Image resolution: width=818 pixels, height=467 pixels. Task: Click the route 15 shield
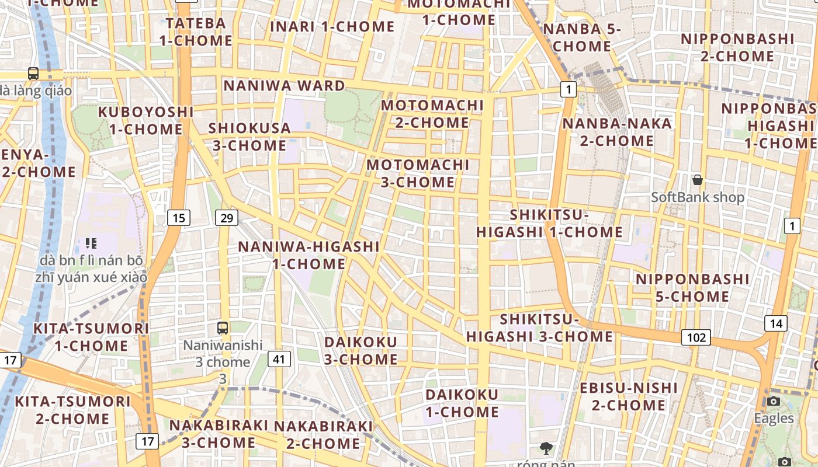pyautogui.click(x=179, y=218)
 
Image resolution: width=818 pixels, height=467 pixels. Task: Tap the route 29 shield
pyautogui.click(x=227, y=218)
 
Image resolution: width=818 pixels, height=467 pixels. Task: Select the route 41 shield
pyautogui.click(x=279, y=358)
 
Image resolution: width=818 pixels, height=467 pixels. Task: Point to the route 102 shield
pyautogui.click(x=695, y=337)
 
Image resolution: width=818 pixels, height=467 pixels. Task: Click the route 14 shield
pyautogui.click(x=775, y=323)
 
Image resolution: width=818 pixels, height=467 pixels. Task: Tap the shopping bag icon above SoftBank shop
pyautogui.click(x=697, y=180)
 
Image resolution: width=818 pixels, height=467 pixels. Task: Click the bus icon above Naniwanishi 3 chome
pyautogui.click(x=222, y=328)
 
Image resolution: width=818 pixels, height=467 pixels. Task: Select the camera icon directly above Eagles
pyautogui.click(x=774, y=401)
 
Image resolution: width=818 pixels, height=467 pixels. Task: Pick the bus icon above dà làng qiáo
pyautogui.click(x=33, y=74)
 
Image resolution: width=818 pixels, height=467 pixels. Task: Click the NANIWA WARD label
pyautogui.click(x=285, y=86)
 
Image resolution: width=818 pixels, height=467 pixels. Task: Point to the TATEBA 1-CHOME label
pyautogui.click(x=196, y=32)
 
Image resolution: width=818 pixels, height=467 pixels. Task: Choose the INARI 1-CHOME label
pyautogui.click(x=332, y=27)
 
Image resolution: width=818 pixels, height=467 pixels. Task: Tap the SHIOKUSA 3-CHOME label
pyautogui.click(x=249, y=137)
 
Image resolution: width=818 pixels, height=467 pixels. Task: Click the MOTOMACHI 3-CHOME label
pyautogui.click(x=418, y=173)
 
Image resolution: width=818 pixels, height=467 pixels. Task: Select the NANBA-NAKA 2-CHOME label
pyautogui.click(x=617, y=132)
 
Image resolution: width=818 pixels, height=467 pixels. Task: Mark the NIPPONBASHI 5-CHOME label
pyautogui.click(x=692, y=288)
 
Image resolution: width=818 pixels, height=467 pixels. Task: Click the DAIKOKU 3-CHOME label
pyautogui.click(x=361, y=350)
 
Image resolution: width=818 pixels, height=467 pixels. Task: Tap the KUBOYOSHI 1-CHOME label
pyautogui.click(x=145, y=120)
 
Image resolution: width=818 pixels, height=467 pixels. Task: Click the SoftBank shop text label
pyautogui.click(x=698, y=197)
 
